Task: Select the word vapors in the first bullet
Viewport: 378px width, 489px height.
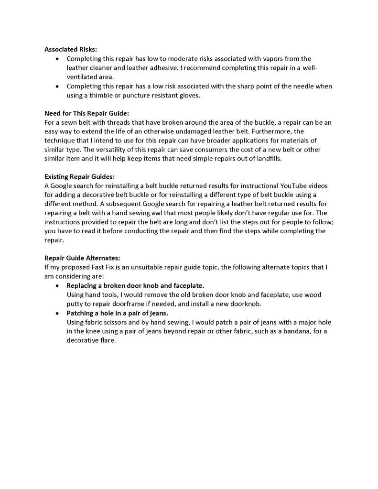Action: click(x=272, y=59)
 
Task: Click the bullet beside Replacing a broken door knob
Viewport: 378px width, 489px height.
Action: click(x=57, y=286)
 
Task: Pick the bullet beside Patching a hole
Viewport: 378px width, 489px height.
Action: click(x=57, y=314)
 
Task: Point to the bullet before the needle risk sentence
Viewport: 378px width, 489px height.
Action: click(x=57, y=87)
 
